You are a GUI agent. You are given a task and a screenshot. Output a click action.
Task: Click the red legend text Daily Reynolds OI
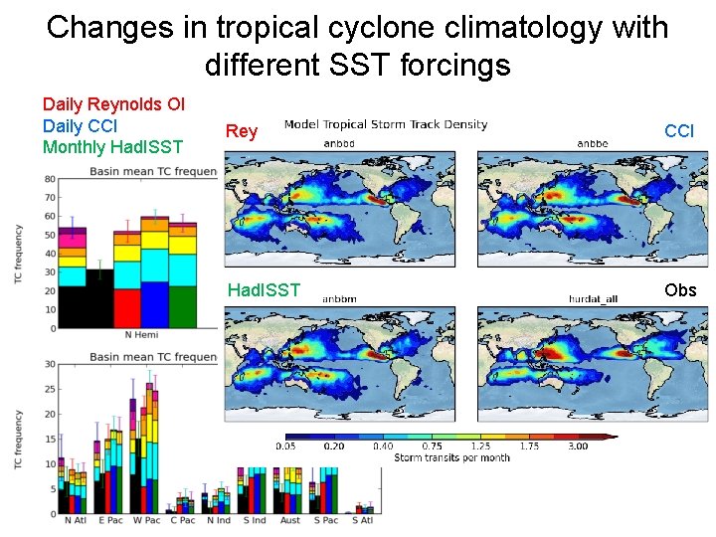coord(113,104)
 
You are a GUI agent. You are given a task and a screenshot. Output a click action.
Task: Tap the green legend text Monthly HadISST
coord(112,148)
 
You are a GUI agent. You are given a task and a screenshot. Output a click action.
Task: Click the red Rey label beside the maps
coord(242,131)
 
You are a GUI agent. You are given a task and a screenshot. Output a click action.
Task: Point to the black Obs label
coord(680,289)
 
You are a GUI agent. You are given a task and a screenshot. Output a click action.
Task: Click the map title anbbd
coord(339,142)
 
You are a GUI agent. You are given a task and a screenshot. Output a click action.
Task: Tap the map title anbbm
coord(339,297)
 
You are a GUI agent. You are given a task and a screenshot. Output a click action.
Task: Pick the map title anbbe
coord(594,142)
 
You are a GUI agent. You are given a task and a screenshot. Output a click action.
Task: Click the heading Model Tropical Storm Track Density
coord(386,125)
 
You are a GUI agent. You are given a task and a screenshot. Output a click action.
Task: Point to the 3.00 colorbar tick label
coord(577,447)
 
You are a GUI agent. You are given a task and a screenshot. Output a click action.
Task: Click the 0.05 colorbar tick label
coord(287,447)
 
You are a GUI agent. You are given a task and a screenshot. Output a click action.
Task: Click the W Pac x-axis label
coord(146,520)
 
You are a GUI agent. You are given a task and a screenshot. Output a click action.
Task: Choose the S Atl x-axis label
coord(361,520)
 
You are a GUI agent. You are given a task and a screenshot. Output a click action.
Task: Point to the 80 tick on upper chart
coord(48,179)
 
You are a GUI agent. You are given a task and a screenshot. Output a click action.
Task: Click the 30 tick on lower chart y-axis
coord(49,364)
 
